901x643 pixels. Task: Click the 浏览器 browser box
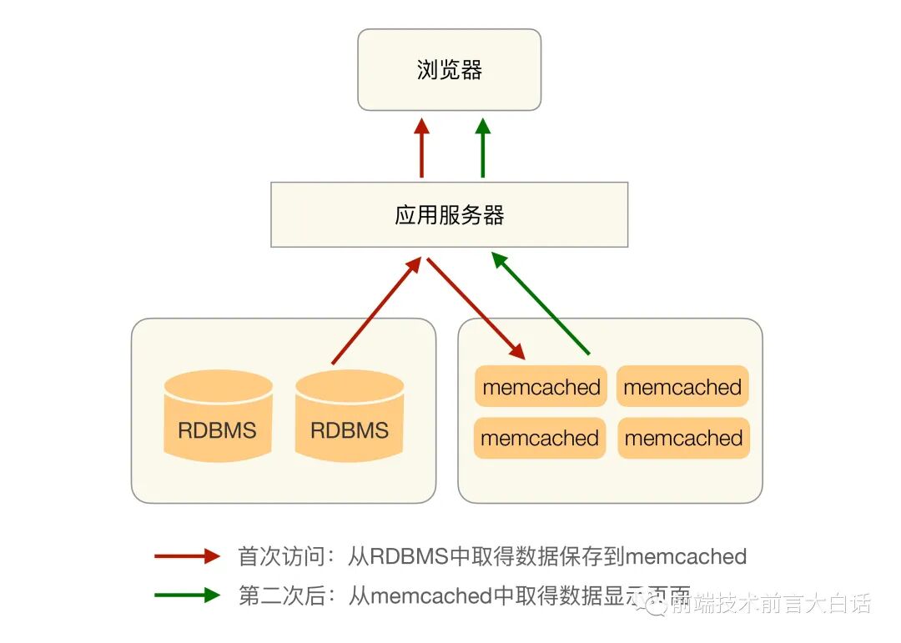click(x=449, y=70)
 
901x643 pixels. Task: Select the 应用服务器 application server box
click(x=449, y=215)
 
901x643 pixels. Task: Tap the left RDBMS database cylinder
click(x=218, y=416)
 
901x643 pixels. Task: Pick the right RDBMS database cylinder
click(x=350, y=416)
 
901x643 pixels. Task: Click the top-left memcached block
click(x=541, y=387)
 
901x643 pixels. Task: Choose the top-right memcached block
click(x=682, y=387)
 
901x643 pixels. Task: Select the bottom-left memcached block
click(x=540, y=438)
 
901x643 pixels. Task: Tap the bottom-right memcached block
click(x=683, y=438)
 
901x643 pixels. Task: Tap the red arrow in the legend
click(x=187, y=556)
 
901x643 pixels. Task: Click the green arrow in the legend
click(x=187, y=595)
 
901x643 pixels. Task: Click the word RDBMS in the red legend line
click(x=409, y=556)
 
